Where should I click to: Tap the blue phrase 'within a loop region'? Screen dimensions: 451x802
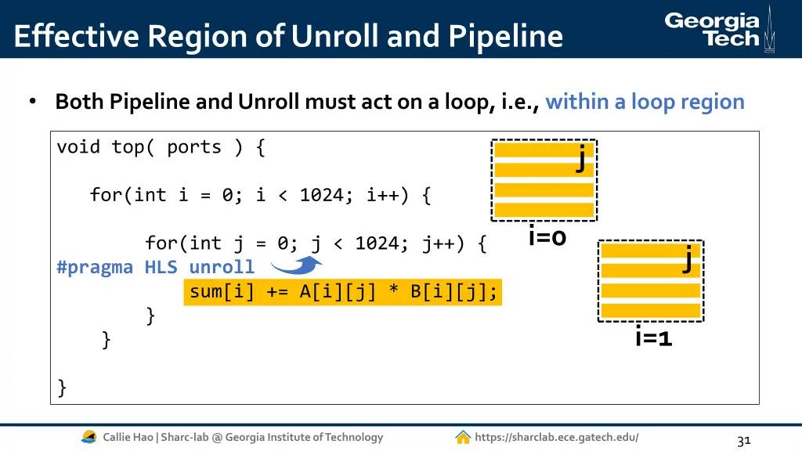tap(645, 102)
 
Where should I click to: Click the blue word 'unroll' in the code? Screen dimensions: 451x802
tap(222, 267)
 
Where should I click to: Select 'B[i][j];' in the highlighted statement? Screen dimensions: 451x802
tap(454, 292)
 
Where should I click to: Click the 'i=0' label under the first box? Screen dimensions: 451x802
tap(547, 236)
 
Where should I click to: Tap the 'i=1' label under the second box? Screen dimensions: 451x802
tap(654, 337)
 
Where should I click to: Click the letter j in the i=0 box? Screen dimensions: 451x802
tap(580, 157)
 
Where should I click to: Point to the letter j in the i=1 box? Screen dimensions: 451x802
tap(687, 258)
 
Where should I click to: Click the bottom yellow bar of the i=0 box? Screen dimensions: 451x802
tap(544, 210)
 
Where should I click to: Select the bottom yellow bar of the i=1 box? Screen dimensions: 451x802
tap(650, 310)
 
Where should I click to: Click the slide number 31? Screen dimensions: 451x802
tap(743, 441)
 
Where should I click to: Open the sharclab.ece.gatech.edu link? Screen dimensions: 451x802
tap(556, 437)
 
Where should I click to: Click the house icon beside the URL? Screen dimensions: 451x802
tap(463, 437)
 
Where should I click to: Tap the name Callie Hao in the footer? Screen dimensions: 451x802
tap(128, 437)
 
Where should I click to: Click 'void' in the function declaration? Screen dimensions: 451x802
tap(78, 147)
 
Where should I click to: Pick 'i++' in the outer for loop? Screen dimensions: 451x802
tap(383, 195)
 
